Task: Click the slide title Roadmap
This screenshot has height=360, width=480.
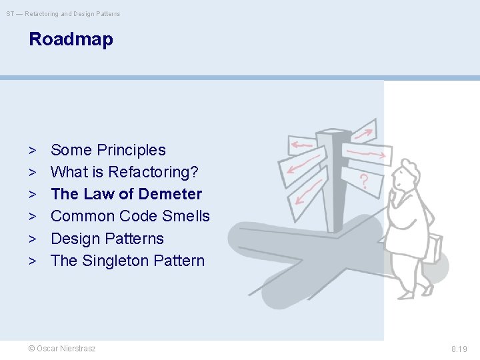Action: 71,39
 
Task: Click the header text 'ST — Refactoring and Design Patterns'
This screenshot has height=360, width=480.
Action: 63,13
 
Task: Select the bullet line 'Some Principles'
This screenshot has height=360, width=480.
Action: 108,150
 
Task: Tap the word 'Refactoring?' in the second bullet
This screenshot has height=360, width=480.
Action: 153,172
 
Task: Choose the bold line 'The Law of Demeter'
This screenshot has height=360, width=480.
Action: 126,194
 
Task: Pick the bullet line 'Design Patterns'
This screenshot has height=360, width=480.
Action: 107,239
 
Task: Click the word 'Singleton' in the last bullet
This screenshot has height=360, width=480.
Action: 115,261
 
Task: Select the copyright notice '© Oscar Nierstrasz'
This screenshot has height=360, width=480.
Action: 62,349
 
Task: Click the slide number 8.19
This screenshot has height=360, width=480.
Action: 459,349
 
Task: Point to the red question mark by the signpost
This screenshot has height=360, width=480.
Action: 364,181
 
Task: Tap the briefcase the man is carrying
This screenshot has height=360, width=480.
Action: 433,248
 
